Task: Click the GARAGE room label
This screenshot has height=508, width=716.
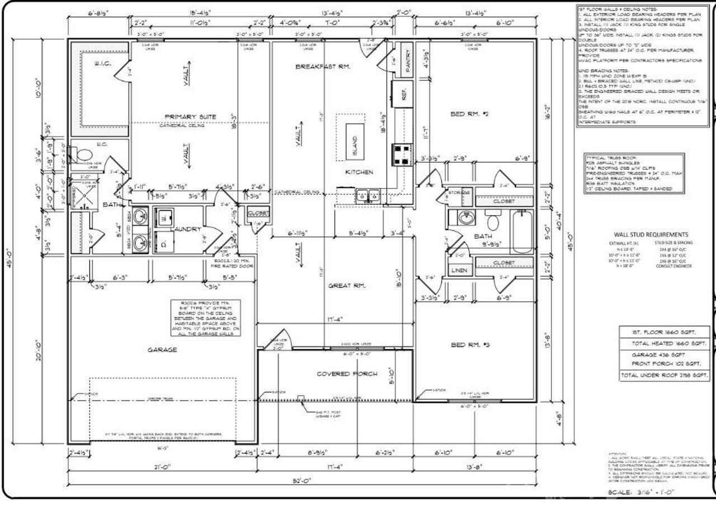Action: click(x=162, y=350)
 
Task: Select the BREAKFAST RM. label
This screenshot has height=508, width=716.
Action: click(x=323, y=67)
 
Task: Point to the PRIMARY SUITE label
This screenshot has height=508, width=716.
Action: click(x=190, y=117)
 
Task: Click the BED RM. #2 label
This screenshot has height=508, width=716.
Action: click(x=469, y=114)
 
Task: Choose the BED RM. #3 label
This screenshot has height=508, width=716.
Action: click(x=470, y=345)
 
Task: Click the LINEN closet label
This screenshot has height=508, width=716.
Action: click(x=459, y=270)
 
